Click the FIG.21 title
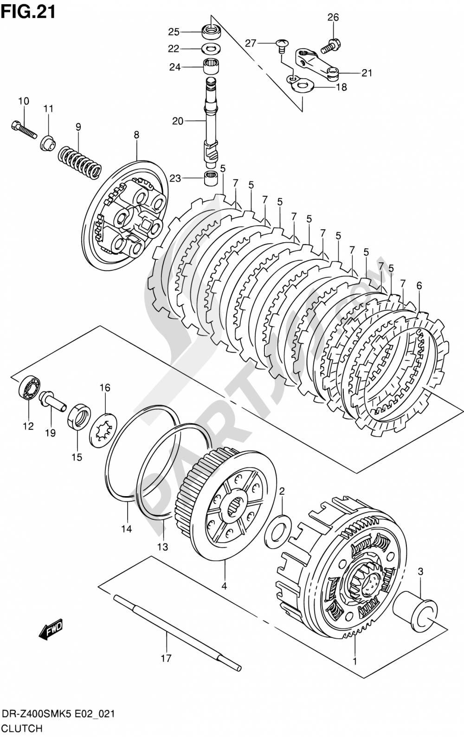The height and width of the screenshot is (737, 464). pyautogui.click(x=28, y=11)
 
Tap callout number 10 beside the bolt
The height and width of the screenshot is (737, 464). pyautogui.click(x=23, y=101)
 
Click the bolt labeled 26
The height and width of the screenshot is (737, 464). pyautogui.click(x=330, y=45)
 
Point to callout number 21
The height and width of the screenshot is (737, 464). pyautogui.click(x=367, y=73)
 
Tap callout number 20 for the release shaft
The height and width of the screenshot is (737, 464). pyautogui.click(x=178, y=121)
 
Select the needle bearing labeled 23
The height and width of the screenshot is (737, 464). pyautogui.click(x=211, y=178)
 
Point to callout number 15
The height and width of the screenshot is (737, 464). pyautogui.click(x=77, y=457)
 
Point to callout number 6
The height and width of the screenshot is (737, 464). pyautogui.click(x=419, y=286)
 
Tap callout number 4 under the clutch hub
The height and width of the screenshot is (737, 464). pyautogui.click(x=224, y=586)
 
